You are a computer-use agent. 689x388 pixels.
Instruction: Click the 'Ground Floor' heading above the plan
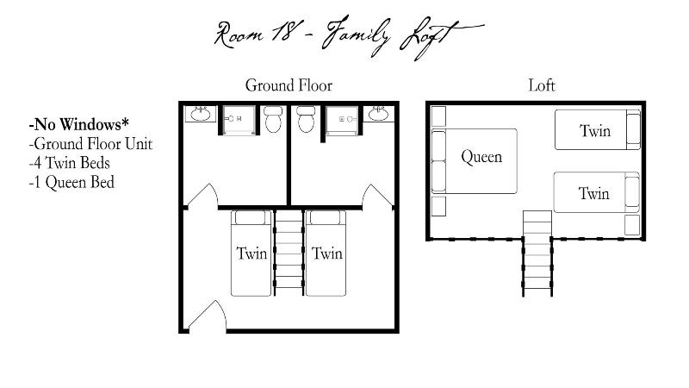(289, 85)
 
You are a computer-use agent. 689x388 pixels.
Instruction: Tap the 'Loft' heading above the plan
(542, 85)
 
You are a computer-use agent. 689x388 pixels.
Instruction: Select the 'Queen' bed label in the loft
(481, 157)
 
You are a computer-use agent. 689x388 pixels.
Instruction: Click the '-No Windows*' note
(79, 124)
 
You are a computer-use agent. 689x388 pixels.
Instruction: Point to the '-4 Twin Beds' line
(70, 163)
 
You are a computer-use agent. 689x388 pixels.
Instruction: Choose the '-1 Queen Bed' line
(71, 182)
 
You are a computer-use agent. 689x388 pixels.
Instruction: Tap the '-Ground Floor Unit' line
(90, 144)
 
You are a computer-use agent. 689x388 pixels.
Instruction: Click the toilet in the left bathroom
(273, 119)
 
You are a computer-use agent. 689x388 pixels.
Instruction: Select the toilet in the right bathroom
(306, 119)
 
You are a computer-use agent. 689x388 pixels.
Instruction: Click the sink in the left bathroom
(201, 114)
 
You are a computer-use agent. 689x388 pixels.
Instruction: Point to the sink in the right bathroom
(378, 114)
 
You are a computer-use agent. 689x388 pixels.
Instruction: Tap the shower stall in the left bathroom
(239, 120)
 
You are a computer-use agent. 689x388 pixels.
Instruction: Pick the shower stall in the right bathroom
(342, 120)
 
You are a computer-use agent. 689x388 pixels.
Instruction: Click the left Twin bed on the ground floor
(251, 253)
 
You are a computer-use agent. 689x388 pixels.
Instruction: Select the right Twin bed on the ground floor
(326, 253)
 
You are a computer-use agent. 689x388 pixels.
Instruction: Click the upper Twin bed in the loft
(597, 130)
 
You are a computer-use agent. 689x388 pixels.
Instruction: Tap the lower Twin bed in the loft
(596, 192)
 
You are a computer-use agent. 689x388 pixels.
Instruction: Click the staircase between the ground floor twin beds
(289, 253)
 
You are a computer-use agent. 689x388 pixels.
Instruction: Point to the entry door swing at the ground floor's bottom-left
(208, 316)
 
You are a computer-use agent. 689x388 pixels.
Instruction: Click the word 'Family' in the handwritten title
(355, 35)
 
